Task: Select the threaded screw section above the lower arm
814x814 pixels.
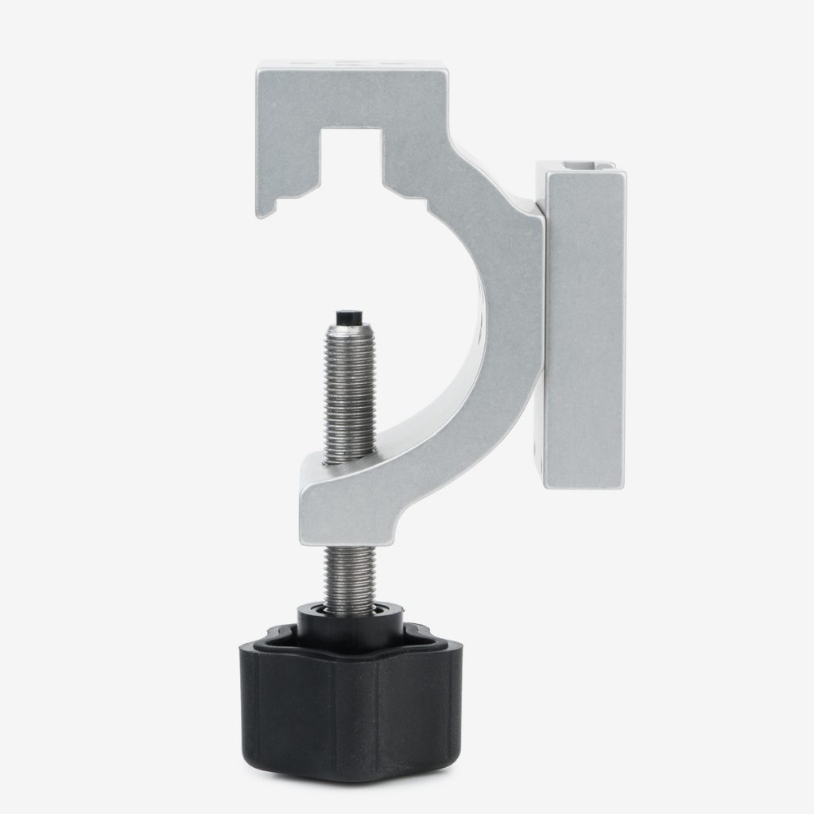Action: pyautogui.click(x=350, y=390)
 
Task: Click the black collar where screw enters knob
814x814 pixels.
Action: pyautogui.click(x=350, y=616)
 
